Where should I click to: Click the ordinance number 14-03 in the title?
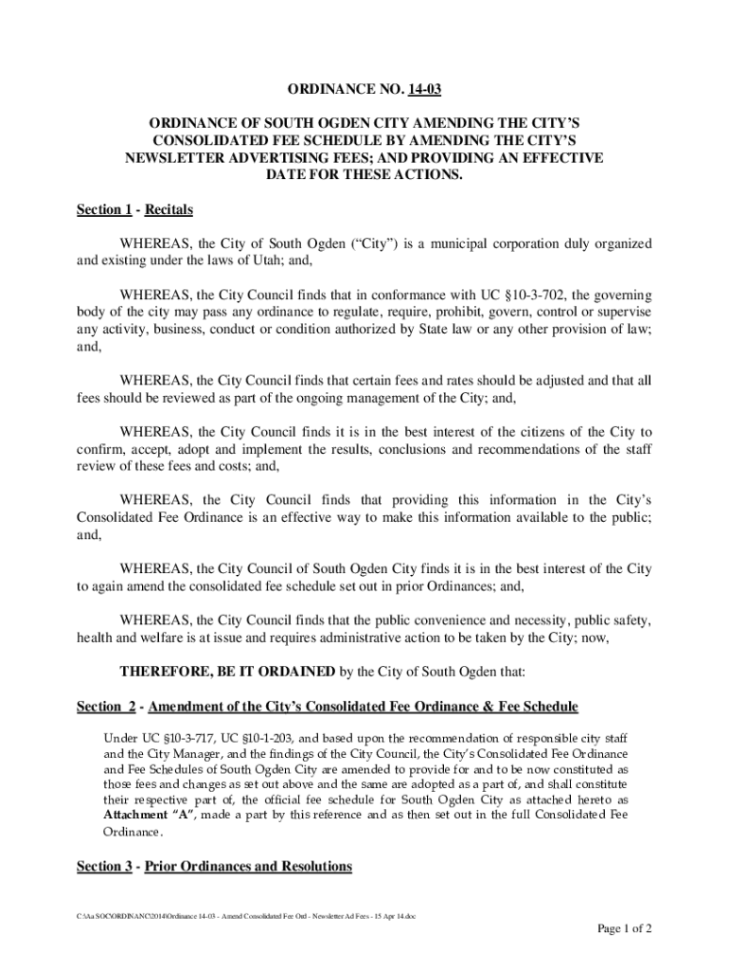[x=425, y=90]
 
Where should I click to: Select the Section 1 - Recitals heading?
[x=134, y=209]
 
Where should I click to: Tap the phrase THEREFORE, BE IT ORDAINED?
[x=227, y=673]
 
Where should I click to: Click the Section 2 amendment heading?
[x=327, y=707]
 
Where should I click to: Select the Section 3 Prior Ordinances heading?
[x=214, y=866]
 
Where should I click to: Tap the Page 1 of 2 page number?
[x=624, y=928]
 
